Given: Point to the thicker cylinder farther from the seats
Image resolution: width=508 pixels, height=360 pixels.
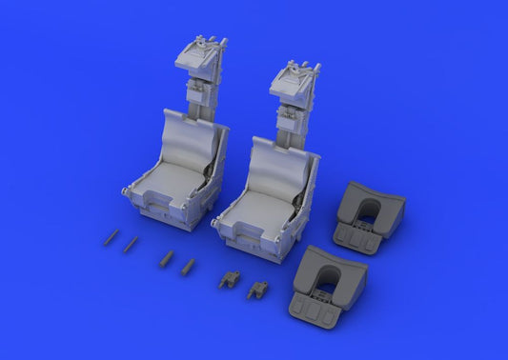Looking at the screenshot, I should pos(166,257).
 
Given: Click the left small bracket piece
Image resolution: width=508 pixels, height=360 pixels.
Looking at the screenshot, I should pos(230,278).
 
